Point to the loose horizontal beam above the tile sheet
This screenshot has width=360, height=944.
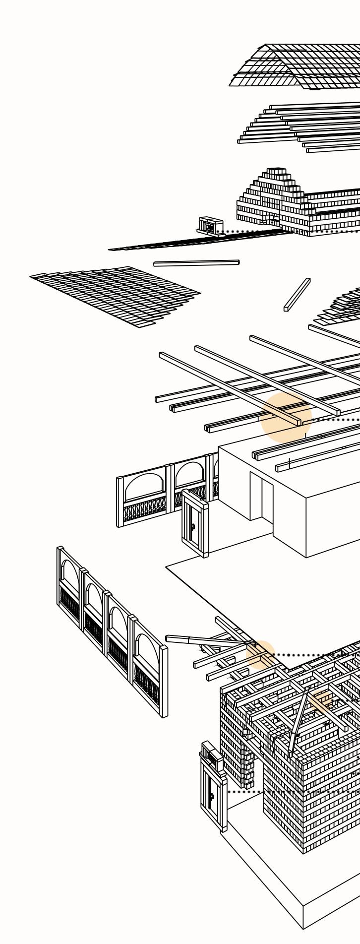[x=196, y=262]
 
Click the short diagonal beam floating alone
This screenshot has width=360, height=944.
[x=297, y=294]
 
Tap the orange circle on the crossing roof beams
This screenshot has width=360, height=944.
[x=285, y=417]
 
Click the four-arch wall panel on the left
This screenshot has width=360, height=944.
[x=112, y=628]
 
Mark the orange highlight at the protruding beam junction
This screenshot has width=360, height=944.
[x=260, y=655]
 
